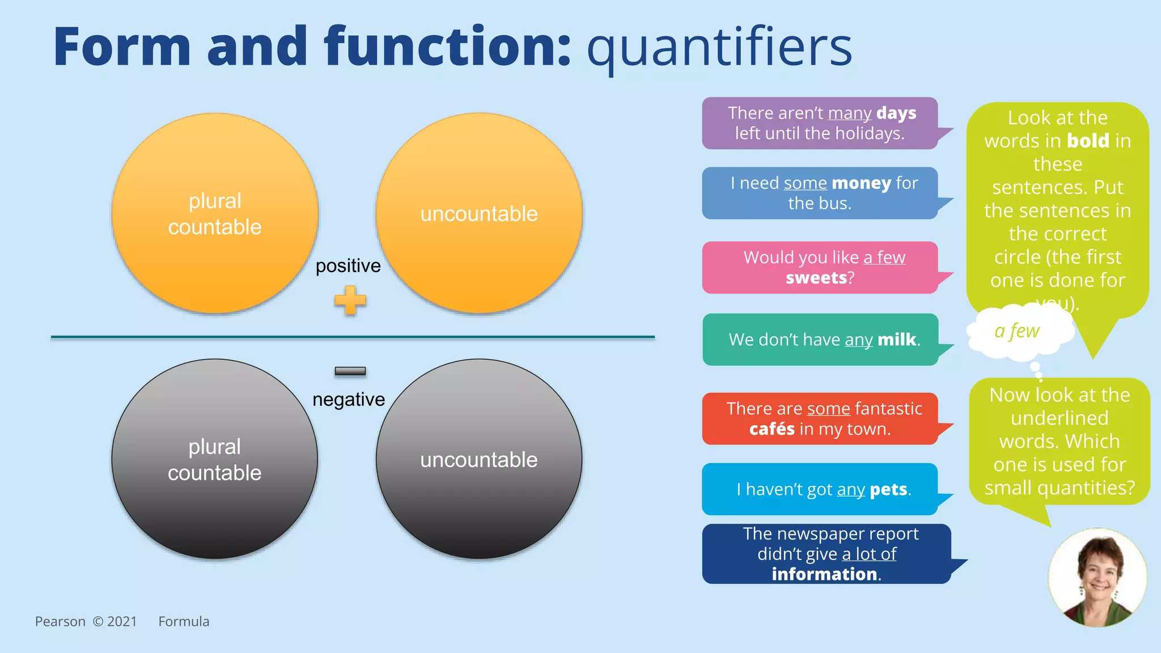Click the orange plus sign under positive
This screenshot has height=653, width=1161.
pyautogui.click(x=350, y=300)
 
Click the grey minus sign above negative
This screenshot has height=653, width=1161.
pyautogui.click(x=350, y=371)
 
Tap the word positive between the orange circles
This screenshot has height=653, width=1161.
pyautogui.click(x=348, y=265)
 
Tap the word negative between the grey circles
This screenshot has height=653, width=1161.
pyautogui.click(x=349, y=400)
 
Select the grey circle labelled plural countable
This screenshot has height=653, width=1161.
pyautogui.click(x=215, y=459)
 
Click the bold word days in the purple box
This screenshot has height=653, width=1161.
pyautogui.click(x=896, y=113)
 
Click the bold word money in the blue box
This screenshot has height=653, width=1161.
pyautogui.click(x=861, y=183)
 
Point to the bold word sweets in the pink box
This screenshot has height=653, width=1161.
pyautogui.click(x=816, y=278)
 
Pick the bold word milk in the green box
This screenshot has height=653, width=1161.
pyautogui.click(x=896, y=340)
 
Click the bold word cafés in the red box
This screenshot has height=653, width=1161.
pyautogui.click(x=772, y=429)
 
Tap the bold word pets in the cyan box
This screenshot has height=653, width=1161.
pyautogui.click(x=888, y=489)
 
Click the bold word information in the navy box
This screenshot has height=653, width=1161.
pyautogui.click(x=824, y=574)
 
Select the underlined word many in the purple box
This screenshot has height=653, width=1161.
pyautogui.click(x=849, y=113)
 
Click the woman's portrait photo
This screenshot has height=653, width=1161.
pyautogui.click(x=1097, y=577)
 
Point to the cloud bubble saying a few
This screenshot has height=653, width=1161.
pyautogui.click(x=1018, y=331)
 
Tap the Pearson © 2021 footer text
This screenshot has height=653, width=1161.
pyautogui.click(x=86, y=622)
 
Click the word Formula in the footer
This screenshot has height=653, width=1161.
pyautogui.click(x=184, y=622)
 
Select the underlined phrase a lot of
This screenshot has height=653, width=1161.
pyautogui.click(x=869, y=554)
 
